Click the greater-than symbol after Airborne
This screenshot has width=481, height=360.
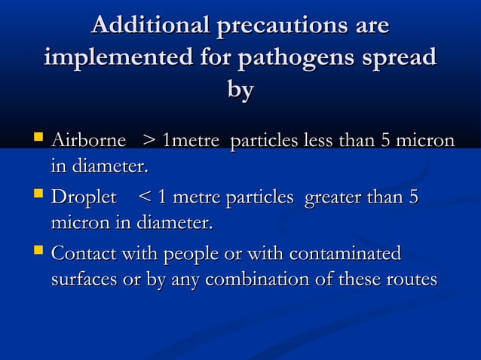tap(149, 142)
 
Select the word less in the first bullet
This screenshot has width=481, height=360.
tap(316, 141)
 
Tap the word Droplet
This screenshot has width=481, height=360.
tap(84, 198)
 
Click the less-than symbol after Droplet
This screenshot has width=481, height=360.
tap(146, 198)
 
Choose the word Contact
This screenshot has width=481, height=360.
tap(84, 254)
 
